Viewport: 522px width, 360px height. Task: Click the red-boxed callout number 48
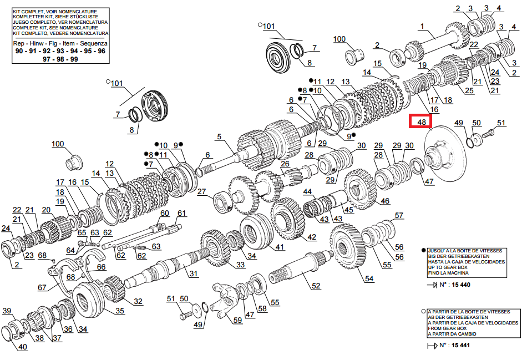coord(421,121)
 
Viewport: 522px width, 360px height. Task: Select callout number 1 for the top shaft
coord(422,26)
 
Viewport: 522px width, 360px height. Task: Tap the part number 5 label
coord(219,136)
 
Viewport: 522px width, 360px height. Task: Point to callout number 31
coord(193,273)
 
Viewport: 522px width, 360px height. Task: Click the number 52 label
coord(316,286)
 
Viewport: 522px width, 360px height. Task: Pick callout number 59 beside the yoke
coord(237,320)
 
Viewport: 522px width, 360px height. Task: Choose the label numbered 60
coord(164,214)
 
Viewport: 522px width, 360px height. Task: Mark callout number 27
coord(201,192)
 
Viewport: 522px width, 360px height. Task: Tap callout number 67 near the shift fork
coord(42,287)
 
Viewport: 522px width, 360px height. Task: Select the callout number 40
coord(23,348)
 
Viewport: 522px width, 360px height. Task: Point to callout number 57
coord(398,215)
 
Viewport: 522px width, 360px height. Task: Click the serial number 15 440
coord(462,285)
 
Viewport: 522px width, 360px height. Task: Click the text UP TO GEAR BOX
coord(449,267)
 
